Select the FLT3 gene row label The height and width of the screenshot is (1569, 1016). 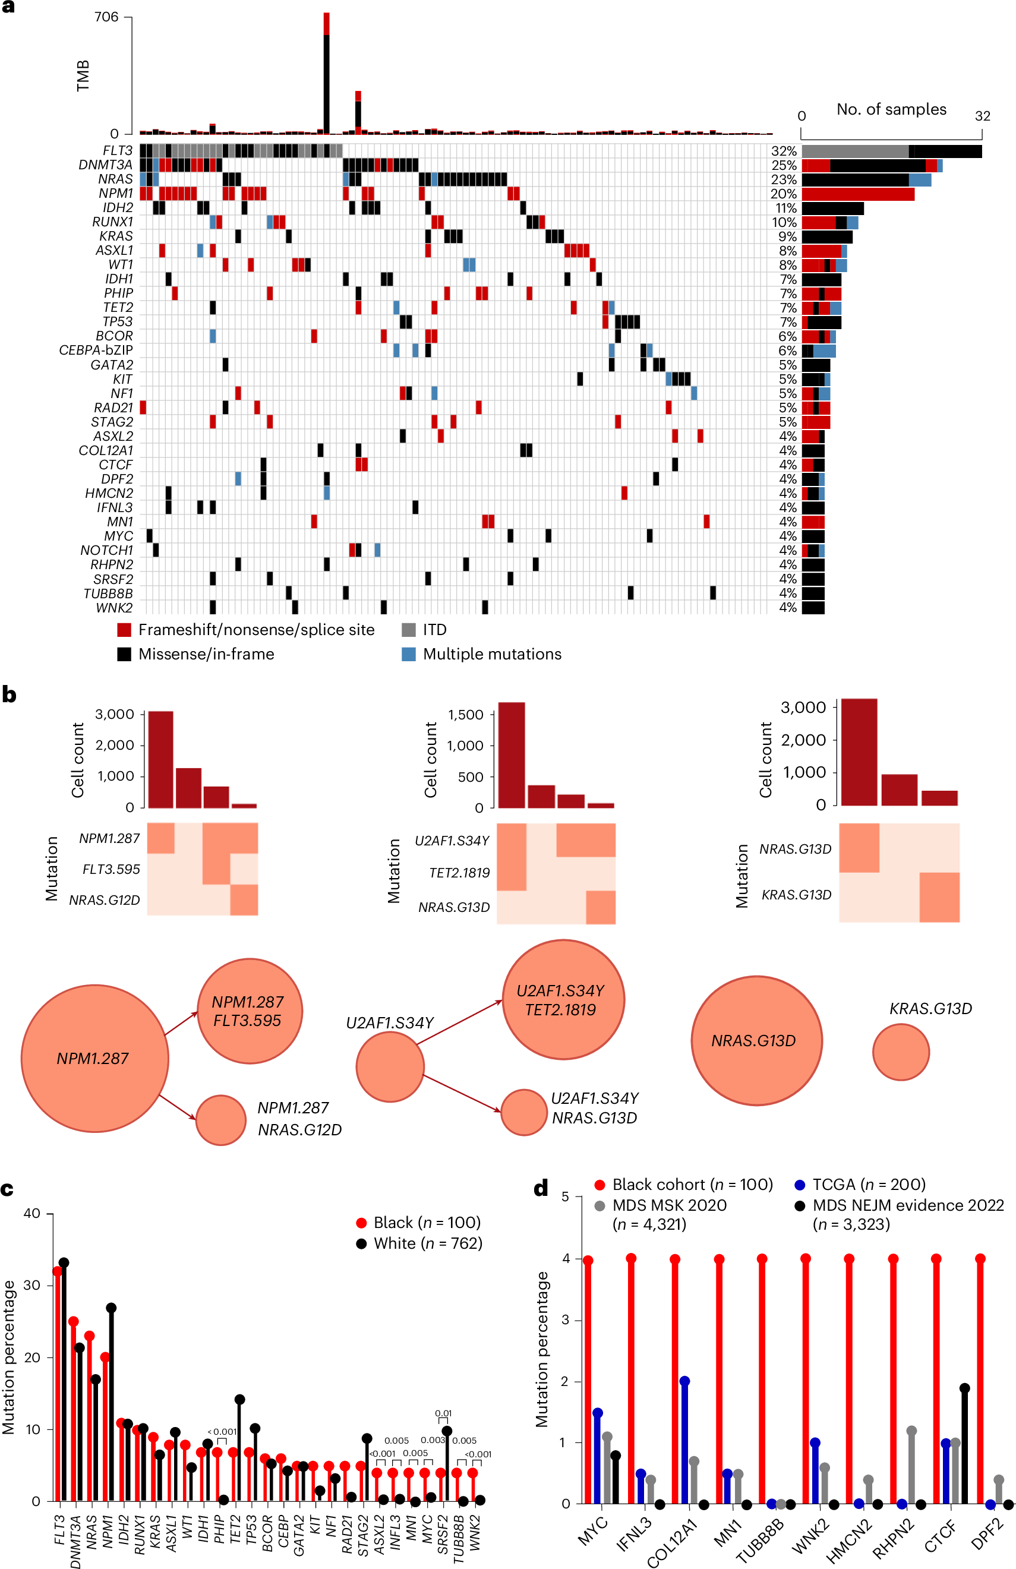pos(118,151)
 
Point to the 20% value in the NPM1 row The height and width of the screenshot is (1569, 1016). pos(784,194)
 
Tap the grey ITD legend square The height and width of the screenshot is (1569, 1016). pos(409,630)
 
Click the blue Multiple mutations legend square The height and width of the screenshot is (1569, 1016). pos(409,654)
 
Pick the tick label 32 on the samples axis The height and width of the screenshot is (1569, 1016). pos(982,116)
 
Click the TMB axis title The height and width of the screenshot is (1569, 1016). pos(83,76)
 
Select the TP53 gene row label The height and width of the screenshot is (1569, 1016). pos(118,322)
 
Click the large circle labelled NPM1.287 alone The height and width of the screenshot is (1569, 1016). pos(94,1058)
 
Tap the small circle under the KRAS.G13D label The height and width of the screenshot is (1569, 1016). pos(901,1052)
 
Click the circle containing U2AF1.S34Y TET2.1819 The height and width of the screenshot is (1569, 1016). pos(563,999)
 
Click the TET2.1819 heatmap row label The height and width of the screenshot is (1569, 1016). pos(459,873)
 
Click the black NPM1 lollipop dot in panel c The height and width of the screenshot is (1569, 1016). pos(112,1308)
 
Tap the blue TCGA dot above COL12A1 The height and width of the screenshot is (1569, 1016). pos(684,1381)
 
